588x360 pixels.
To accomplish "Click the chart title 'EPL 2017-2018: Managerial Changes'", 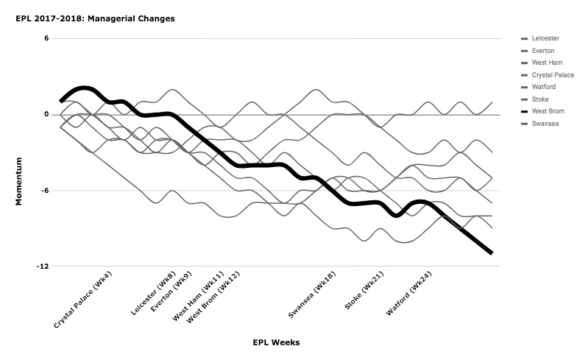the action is tap(95, 18).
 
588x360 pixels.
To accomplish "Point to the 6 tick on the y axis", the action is tap(46, 38).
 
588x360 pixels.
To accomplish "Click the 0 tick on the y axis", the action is tap(46, 114).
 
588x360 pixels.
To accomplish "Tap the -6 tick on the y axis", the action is tap(44, 191).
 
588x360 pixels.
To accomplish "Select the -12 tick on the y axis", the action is tap(43, 267).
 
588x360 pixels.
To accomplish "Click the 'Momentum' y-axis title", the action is tap(18, 182).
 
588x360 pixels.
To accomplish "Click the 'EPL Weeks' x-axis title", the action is tap(276, 342).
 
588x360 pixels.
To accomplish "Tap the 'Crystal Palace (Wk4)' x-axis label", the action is tap(83, 300).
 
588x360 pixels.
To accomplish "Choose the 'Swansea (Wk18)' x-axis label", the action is tap(312, 294).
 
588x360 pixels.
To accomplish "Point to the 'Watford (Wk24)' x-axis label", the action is tap(409, 294).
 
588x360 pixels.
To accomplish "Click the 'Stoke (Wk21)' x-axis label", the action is tap(364, 291).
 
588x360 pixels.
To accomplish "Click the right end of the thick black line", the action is tap(492, 253).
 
